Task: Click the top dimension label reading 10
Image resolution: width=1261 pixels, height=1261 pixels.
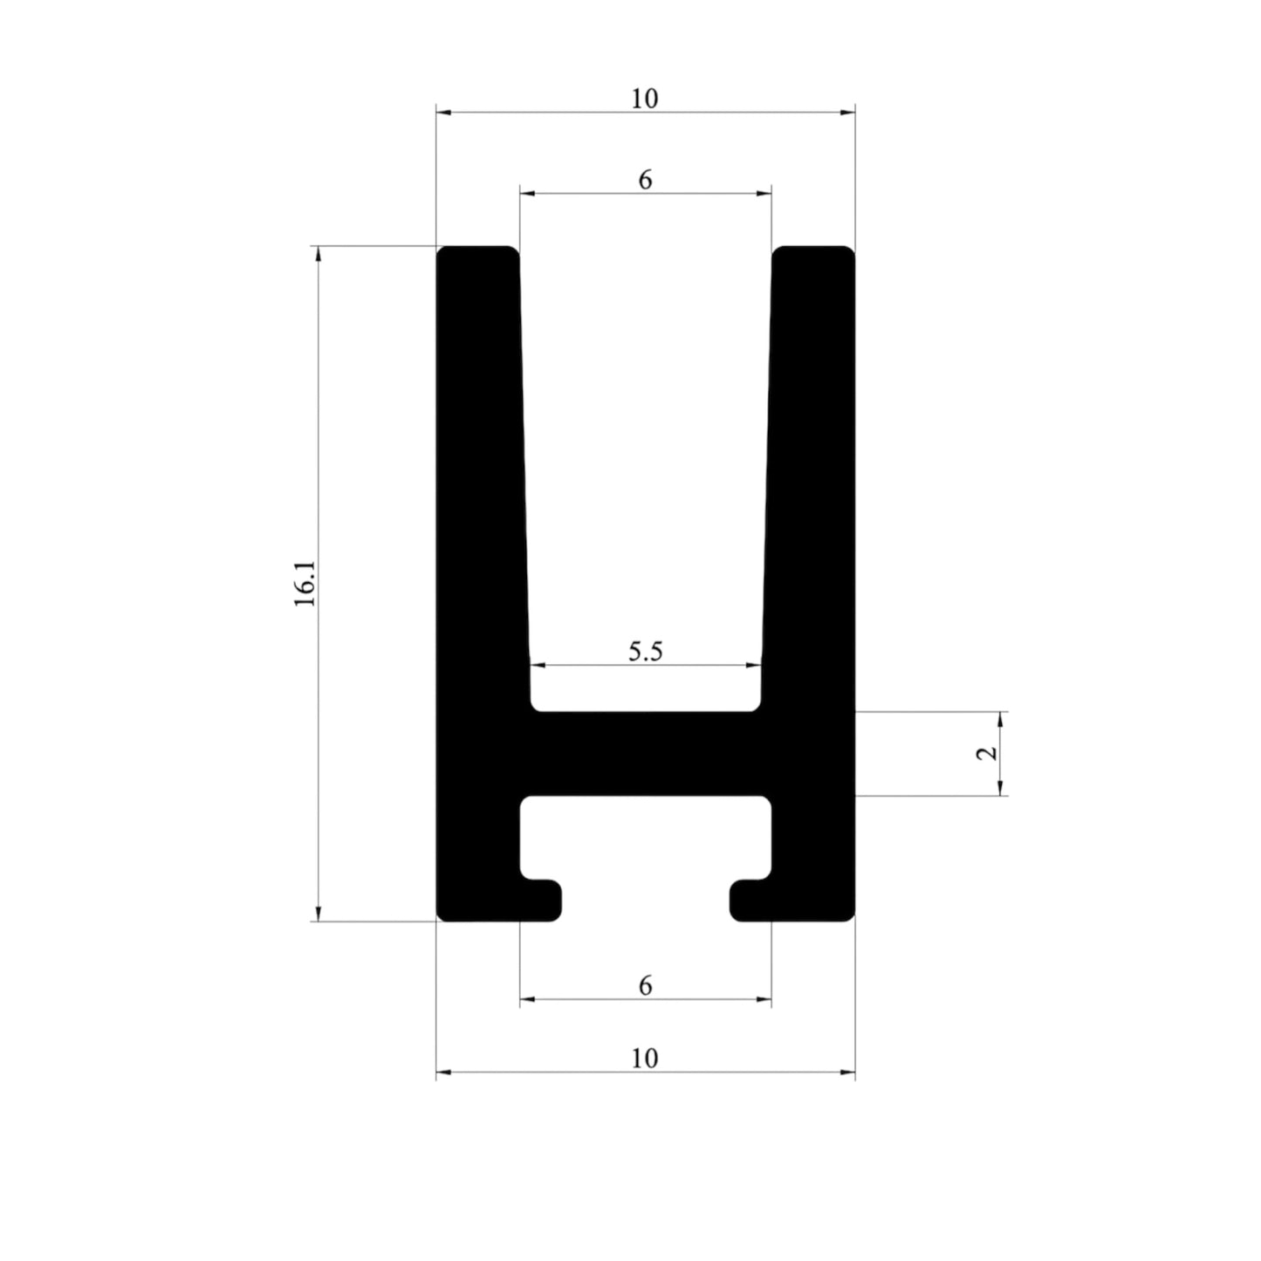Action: point(645,99)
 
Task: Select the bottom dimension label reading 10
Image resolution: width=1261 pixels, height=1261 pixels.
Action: point(645,1059)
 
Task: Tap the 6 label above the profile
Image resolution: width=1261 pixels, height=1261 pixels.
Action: point(645,180)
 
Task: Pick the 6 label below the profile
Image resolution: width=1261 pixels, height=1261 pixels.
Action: point(645,985)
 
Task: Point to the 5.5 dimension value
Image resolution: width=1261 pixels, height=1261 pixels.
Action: point(646,652)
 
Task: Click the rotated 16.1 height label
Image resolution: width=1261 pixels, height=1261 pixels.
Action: point(305,584)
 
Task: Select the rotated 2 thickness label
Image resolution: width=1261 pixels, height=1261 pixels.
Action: point(987,753)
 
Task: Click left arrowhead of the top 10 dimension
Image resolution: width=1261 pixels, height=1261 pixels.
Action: point(442,113)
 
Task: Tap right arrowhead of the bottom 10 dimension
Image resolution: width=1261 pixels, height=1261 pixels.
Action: point(848,1072)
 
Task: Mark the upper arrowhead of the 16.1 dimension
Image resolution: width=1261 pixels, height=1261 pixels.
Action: point(319,253)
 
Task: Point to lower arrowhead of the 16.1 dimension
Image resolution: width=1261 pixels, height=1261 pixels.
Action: point(319,914)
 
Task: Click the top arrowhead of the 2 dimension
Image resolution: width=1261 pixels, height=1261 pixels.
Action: point(1001,718)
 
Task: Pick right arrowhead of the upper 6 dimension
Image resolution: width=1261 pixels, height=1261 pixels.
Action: point(765,193)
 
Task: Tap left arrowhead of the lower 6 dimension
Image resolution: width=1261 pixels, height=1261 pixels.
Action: point(526,998)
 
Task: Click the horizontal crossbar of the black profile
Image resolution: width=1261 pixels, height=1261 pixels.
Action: point(646,753)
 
